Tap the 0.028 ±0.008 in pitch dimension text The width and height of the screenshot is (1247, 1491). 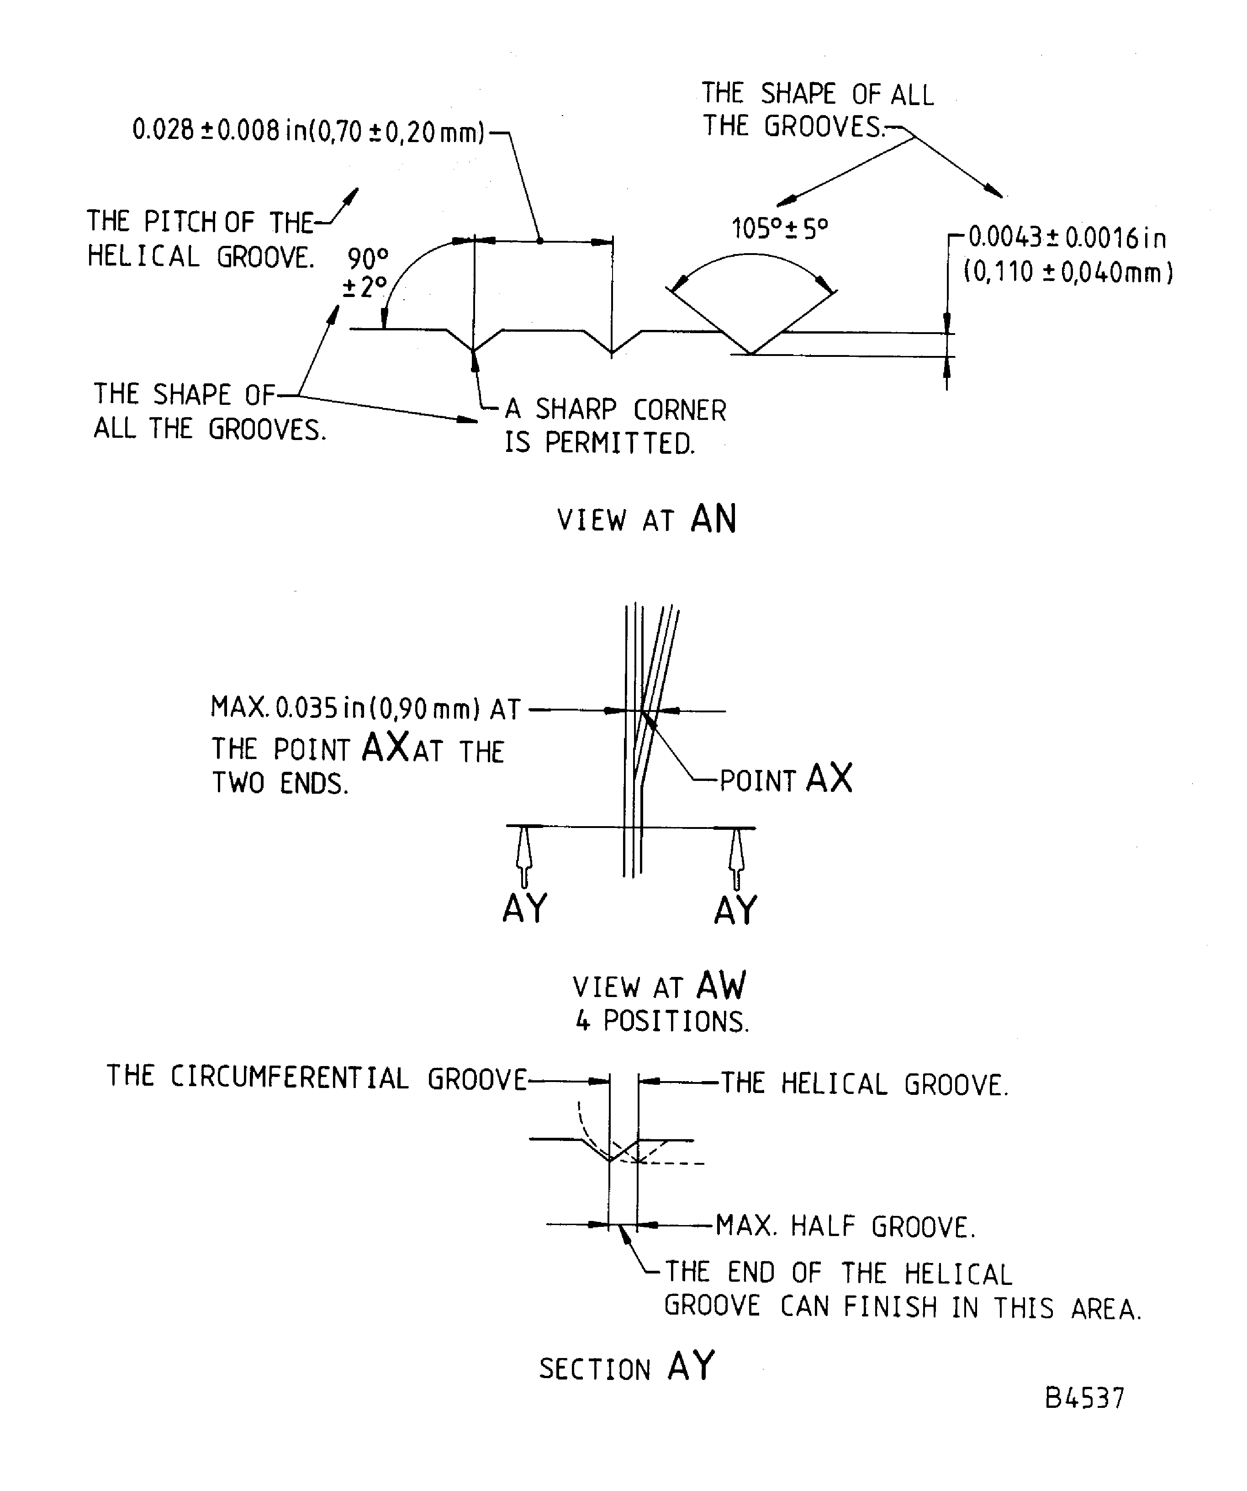[308, 131]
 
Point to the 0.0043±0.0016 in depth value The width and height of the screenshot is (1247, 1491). [1067, 238]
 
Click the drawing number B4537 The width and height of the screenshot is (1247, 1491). [1084, 1398]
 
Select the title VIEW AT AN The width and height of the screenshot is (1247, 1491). [646, 520]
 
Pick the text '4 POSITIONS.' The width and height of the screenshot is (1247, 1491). [661, 1022]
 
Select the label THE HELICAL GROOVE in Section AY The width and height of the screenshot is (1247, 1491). [865, 1085]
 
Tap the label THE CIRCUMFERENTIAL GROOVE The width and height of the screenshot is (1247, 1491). [317, 1078]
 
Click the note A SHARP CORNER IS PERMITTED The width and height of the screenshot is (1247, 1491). [615, 426]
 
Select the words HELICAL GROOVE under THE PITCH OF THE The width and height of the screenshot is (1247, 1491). [200, 256]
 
